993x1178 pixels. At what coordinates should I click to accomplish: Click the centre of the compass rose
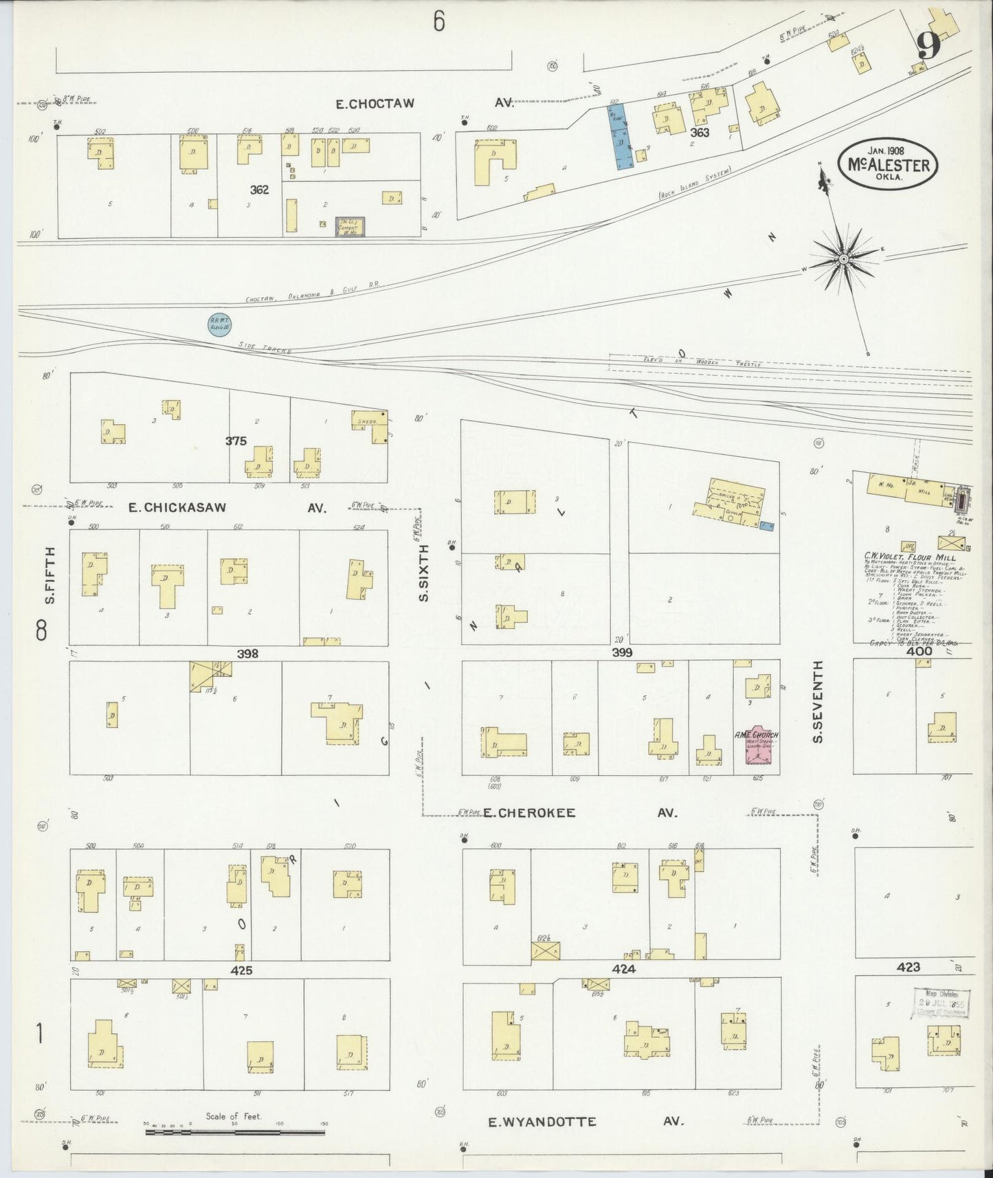click(843, 258)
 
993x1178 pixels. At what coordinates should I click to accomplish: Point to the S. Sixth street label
click(424, 573)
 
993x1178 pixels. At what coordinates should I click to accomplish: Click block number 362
click(260, 190)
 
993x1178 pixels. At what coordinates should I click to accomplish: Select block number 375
click(236, 441)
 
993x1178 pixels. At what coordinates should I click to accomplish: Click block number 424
click(623, 969)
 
